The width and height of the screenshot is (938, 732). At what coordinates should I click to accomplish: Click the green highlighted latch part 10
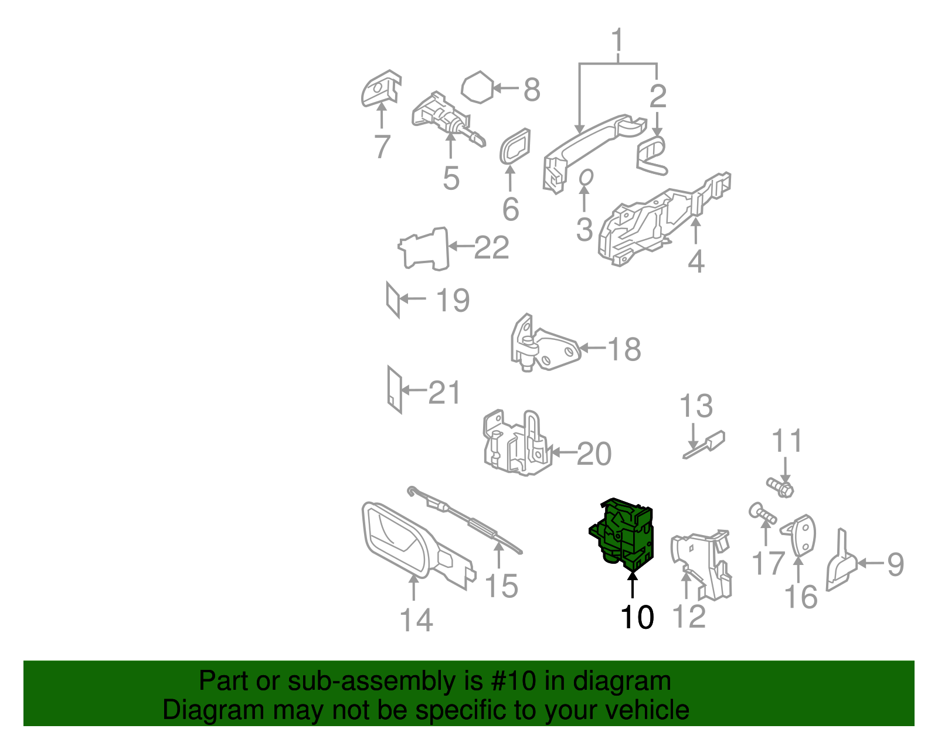coord(621,536)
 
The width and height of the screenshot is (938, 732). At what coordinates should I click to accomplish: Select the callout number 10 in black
coord(637,618)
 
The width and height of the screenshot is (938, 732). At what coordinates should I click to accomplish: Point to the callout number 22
coord(492,247)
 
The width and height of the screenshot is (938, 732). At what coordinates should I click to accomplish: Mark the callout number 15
coord(501,586)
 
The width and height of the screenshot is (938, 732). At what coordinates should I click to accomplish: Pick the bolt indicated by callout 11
coord(780,488)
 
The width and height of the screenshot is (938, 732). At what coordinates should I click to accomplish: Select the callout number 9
coord(895,564)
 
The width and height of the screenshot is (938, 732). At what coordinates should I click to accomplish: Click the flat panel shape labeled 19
coord(393,300)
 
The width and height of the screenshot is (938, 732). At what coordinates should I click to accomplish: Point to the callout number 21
coord(444,393)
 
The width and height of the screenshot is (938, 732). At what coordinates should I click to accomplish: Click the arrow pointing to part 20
coord(564,452)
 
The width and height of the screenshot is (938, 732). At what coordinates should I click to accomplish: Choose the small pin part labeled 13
coord(704,444)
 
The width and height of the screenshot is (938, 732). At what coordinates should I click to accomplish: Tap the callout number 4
coord(696,261)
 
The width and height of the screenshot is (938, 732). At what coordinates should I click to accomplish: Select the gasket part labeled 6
coord(515,147)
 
